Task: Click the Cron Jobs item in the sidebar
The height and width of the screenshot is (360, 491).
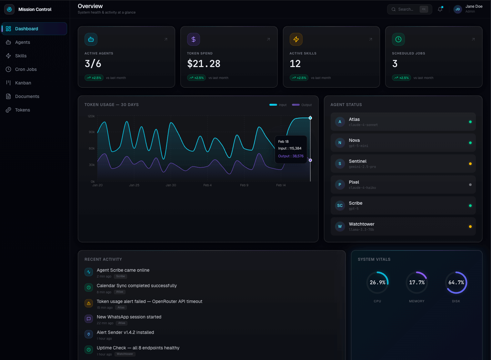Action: [x=26, y=69]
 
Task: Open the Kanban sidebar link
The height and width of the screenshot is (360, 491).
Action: [x=23, y=83]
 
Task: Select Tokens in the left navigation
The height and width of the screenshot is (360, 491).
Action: [x=22, y=110]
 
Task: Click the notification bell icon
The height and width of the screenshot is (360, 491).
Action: [x=440, y=9]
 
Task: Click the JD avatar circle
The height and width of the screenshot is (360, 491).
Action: [x=457, y=9]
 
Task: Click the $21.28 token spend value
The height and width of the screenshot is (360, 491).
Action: [x=204, y=64]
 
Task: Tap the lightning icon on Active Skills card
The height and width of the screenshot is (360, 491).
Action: [x=296, y=39]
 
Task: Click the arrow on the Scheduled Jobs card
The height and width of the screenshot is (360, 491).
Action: [x=473, y=39]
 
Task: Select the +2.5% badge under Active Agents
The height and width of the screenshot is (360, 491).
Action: [x=94, y=78]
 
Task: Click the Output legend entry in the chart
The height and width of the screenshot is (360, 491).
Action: [x=302, y=105]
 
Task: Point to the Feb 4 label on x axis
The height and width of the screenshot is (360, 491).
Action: [x=207, y=185]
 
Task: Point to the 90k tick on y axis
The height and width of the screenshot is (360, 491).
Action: [x=92, y=132]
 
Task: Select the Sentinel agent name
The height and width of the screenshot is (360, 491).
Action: [x=357, y=161]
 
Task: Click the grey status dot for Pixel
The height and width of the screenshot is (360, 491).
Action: [x=470, y=185]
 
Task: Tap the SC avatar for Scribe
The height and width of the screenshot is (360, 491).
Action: [x=340, y=206]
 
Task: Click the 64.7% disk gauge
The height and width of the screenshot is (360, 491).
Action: [x=456, y=283]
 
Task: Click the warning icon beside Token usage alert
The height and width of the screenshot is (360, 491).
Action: [x=89, y=303]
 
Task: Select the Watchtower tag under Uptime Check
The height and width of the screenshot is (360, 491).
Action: [x=125, y=354]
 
